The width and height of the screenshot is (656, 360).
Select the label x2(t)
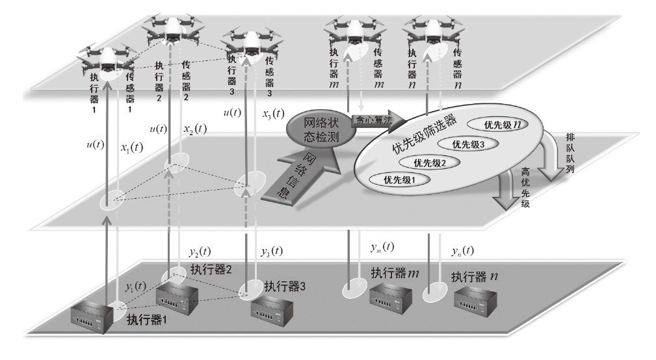point(194,129)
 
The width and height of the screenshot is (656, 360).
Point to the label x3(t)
point(273,114)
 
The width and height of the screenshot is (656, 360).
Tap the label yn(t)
point(460,251)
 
